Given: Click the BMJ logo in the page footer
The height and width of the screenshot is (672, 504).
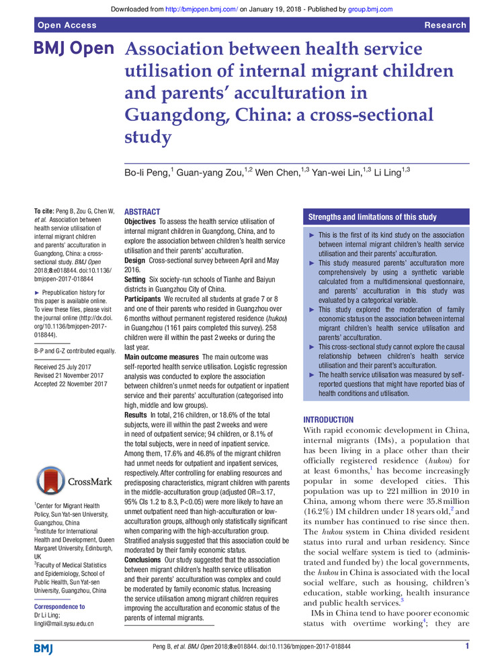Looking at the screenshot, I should point(45,648).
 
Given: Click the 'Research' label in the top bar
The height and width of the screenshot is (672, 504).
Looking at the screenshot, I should point(445,25).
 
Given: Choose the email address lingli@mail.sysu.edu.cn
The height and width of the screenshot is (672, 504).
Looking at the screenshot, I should point(64,624).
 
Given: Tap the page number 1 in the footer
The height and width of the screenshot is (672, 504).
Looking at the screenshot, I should point(466,646).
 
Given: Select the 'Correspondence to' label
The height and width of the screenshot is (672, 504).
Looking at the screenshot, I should point(60,606).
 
